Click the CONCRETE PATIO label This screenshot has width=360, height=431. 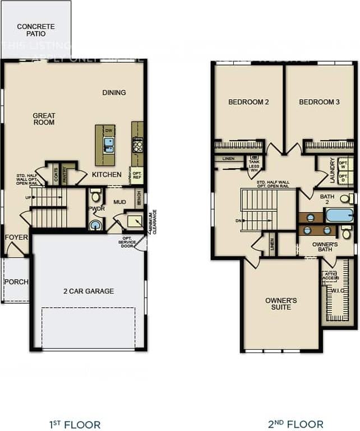tap(36, 30)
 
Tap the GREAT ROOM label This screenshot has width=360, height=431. tap(44, 119)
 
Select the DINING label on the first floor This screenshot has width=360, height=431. tap(114, 92)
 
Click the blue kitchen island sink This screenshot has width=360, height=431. tap(109, 145)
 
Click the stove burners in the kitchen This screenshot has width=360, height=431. tap(137, 146)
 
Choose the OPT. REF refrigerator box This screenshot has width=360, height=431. tap(136, 175)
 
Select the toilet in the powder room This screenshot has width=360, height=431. tap(95, 196)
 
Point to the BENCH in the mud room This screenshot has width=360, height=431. tap(139, 198)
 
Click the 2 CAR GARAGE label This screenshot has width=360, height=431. tap(89, 291)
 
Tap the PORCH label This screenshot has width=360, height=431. tap(16, 281)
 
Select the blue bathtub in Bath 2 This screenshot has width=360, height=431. tap(339, 215)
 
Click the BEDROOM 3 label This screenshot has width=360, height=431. tap(319, 102)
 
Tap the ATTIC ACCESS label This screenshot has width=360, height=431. tap(330, 275)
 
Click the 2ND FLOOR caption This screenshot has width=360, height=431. tap(296, 424)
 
